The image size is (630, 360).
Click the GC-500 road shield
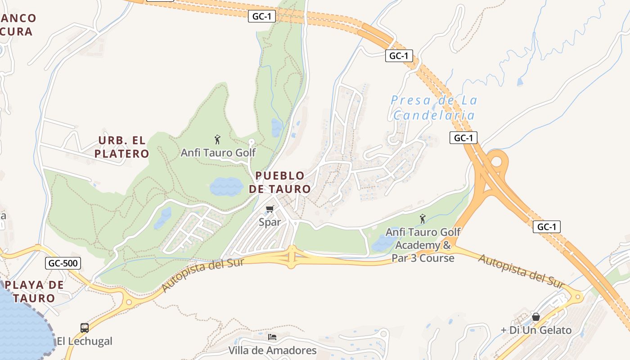[63, 263]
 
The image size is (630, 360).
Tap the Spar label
[270, 222]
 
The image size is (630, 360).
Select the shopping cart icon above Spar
[270, 209]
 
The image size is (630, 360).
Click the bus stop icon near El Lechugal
[84, 328]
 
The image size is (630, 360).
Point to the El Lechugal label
[84, 341]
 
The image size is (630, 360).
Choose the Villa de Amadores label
[272, 350]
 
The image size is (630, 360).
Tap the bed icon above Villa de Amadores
[272, 337]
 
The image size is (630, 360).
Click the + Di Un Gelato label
[536, 330]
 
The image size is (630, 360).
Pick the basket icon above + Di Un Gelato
[536, 317]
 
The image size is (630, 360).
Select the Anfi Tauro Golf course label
[218, 153]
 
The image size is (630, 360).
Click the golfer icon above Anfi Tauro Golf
[218, 139]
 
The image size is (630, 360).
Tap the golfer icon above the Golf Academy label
[423, 219]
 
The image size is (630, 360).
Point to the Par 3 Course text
[423, 258]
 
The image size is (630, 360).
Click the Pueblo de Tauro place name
[280, 182]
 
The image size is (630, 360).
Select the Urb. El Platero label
[121, 147]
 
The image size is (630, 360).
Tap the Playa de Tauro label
[34, 291]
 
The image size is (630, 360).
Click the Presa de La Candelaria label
[434, 108]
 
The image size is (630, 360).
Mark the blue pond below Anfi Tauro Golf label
[226, 186]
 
